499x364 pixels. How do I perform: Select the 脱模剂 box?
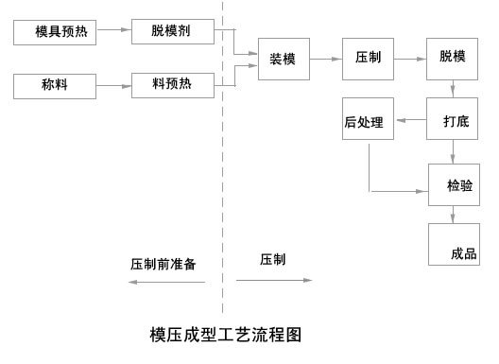[x=169, y=30]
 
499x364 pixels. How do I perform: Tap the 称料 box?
[x=55, y=87]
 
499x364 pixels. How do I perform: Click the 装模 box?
[x=284, y=59]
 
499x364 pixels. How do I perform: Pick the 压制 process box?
[x=368, y=59]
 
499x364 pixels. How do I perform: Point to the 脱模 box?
[x=453, y=59]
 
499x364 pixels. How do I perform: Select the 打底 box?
[x=455, y=121]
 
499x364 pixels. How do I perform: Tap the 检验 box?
[x=455, y=186]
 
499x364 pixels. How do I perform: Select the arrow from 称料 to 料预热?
[x=113, y=87]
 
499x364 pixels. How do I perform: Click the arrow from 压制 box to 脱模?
[x=409, y=59]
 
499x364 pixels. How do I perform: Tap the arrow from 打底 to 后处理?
[x=410, y=121]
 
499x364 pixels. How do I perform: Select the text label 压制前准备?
[x=163, y=264]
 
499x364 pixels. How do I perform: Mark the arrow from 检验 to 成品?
[x=455, y=216]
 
